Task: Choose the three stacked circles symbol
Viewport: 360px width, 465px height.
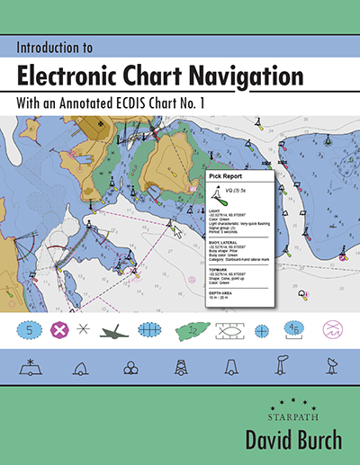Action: click(x=132, y=367)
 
